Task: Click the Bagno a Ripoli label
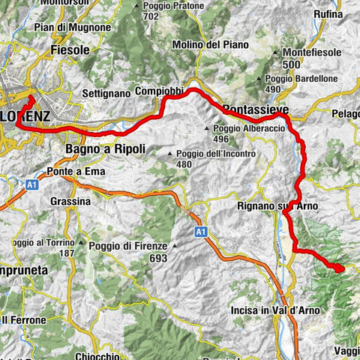click(105, 148)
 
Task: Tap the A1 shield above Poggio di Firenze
click(201, 231)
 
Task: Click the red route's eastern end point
click(338, 268)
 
